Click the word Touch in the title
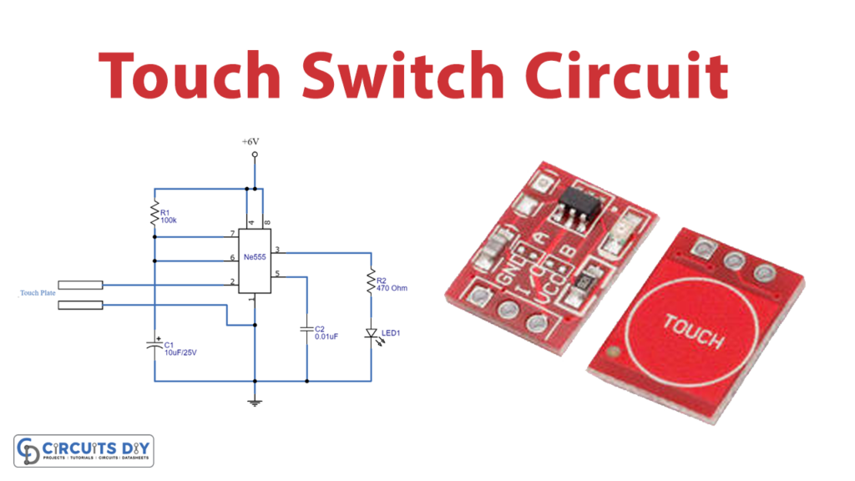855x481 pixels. click(x=187, y=78)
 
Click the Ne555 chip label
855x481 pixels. click(x=255, y=258)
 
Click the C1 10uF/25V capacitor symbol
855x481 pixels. click(x=154, y=344)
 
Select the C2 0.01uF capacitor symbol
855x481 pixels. click(x=307, y=329)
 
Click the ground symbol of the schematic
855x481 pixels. click(x=255, y=403)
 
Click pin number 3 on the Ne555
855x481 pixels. click(x=277, y=249)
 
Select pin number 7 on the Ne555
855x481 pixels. click(x=232, y=233)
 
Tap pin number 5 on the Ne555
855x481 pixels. click(x=277, y=273)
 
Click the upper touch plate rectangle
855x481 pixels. click(x=81, y=285)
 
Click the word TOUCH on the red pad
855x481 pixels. click(x=694, y=329)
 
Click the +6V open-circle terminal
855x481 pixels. click(x=255, y=155)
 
